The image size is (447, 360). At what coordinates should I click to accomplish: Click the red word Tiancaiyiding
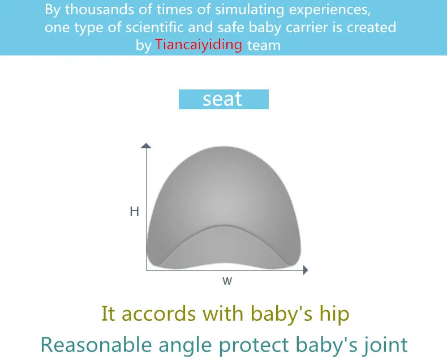click(x=199, y=45)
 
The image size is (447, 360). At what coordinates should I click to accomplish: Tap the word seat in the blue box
click(x=222, y=99)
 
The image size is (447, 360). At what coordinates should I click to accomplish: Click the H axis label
click(x=134, y=212)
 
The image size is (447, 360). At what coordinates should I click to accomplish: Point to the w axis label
click(x=227, y=281)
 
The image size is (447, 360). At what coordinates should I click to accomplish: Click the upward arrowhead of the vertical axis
click(x=146, y=145)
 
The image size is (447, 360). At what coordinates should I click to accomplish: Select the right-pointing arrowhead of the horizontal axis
click(x=306, y=270)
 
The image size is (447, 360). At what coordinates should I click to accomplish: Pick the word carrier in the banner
click(x=308, y=27)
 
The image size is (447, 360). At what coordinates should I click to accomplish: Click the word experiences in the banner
click(x=330, y=10)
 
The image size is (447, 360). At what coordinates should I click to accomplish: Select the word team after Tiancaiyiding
click(x=264, y=45)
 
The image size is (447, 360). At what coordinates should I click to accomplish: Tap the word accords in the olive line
click(x=158, y=314)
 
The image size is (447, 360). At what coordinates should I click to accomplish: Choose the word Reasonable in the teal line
click(x=96, y=345)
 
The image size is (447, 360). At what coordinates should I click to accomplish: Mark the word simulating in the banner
click(x=250, y=10)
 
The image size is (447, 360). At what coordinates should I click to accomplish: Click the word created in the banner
click(x=371, y=27)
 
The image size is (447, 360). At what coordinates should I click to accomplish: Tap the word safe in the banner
click(x=231, y=27)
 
